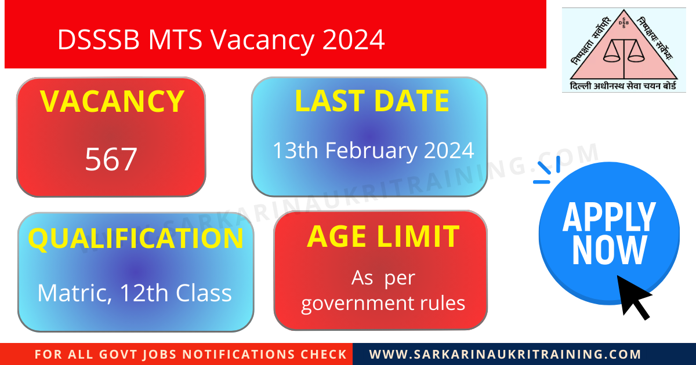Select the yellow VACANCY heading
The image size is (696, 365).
(x=112, y=101)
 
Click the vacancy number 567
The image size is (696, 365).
(x=111, y=159)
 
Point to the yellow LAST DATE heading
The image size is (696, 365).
(x=372, y=101)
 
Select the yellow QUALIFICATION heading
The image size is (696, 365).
(x=136, y=238)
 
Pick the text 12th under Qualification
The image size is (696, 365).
(x=143, y=293)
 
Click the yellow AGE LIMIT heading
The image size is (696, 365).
(x=383, y=236)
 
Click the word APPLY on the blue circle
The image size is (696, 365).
(x=609, y=217)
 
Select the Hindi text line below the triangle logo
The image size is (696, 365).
(x=624, y=85)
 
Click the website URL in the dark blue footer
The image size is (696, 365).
(x=505, y=355)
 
